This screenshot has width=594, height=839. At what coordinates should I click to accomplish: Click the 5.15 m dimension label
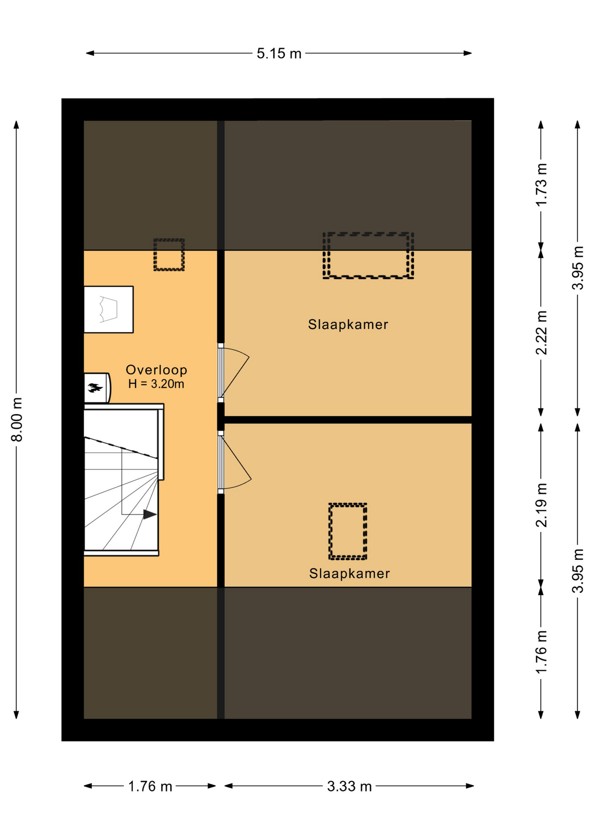click(279, 53)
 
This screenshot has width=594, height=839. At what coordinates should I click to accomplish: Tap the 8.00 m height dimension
click(17, 419)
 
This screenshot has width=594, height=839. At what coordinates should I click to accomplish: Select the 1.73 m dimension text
click(542, 184)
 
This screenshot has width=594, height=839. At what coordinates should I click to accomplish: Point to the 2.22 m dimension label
click(542, 333)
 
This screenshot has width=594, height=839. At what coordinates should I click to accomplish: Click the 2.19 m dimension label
click(542, 505)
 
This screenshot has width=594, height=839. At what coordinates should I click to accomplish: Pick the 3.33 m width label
click(349, 787)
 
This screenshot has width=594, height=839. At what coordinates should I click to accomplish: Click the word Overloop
click(157, 370)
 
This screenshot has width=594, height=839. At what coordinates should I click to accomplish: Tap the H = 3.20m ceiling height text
click(156, 384)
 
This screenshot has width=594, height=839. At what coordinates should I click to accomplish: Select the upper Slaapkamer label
click(348, 324)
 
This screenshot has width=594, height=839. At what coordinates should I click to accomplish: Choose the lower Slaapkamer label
click(349, 573)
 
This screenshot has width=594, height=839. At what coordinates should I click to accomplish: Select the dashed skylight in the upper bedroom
click(368, 256)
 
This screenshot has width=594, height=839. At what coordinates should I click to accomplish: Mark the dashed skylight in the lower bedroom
click(348, 531)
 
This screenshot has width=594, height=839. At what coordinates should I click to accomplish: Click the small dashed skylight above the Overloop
click(169, 255)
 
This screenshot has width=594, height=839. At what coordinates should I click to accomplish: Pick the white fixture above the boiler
click(108, 309)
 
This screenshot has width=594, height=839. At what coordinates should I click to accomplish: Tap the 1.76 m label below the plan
click(150, 787)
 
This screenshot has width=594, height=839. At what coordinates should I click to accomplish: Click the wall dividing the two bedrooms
click(348, 420)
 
